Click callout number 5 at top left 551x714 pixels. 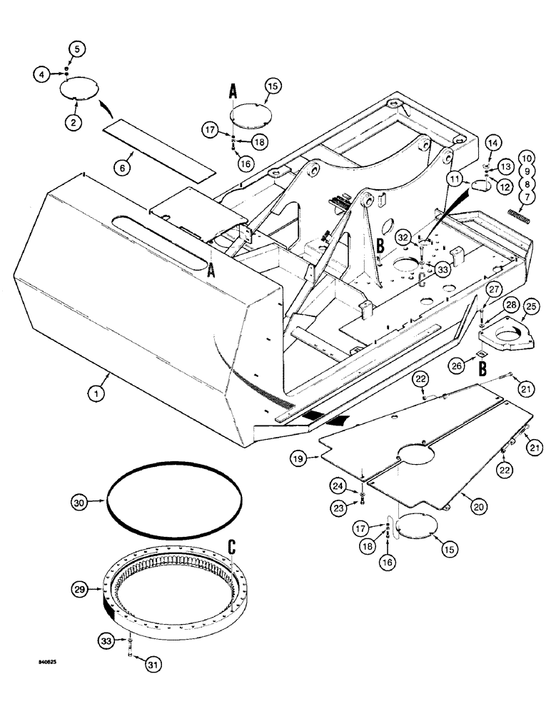(76, 49)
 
